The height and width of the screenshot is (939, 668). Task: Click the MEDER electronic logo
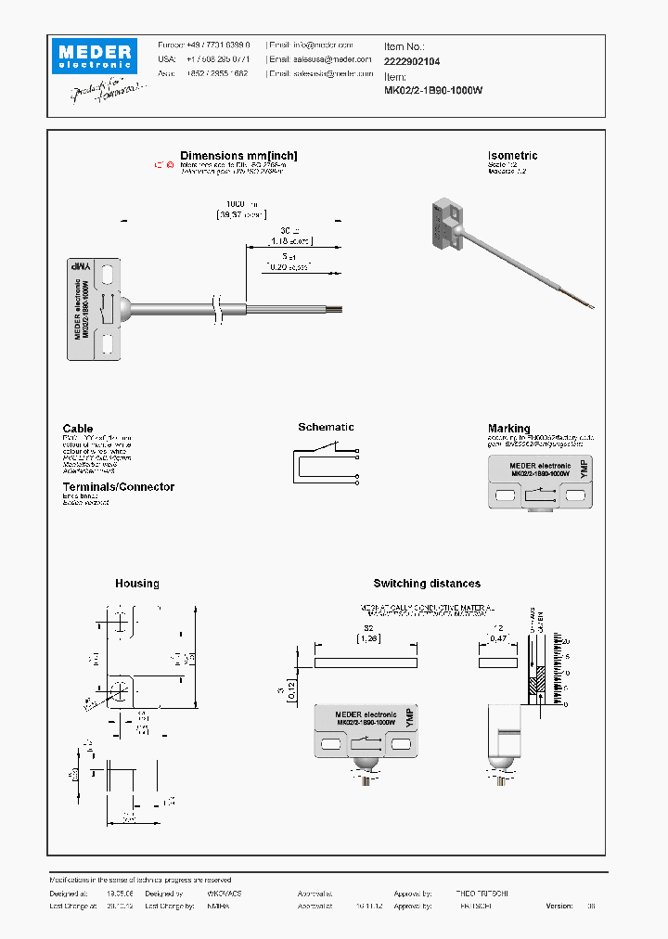point(94,56)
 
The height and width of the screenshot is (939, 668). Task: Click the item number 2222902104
point(412,61)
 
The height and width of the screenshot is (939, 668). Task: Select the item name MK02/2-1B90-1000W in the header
point(433,91)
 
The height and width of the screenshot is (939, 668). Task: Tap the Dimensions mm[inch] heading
point(238,156)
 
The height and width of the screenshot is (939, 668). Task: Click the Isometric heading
point(512,156)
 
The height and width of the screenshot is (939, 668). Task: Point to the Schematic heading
point(326,427)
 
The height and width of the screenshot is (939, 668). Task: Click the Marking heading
point(509,429)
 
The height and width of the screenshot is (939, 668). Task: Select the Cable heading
point(78,429)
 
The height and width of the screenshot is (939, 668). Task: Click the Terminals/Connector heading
point(118,487)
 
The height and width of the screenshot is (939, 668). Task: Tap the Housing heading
point(137,584)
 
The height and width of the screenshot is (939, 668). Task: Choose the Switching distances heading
point(427,584)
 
